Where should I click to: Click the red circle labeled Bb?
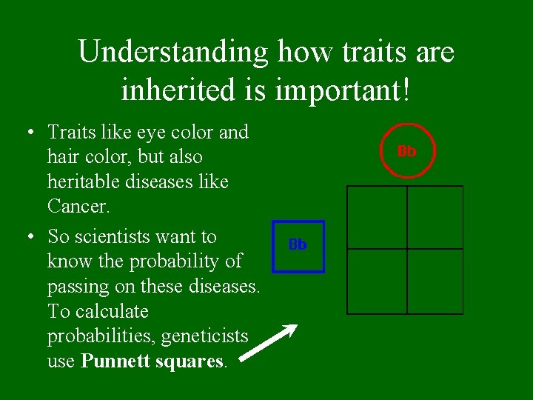(406, 151)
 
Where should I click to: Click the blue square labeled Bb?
(298, 246)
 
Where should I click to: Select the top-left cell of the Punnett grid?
(377, 217)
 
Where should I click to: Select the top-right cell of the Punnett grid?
(435, 217)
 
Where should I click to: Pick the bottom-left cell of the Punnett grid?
(377, 281)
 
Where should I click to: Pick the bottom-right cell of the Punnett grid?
(435, 281)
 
